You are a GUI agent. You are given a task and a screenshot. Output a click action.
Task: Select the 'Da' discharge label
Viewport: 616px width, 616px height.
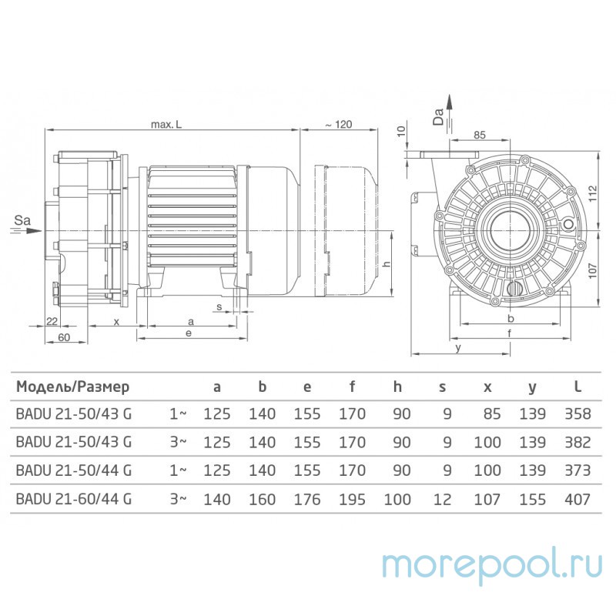(x=438, y=116)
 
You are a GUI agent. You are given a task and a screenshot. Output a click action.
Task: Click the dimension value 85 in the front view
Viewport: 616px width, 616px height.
(x=478, y=136)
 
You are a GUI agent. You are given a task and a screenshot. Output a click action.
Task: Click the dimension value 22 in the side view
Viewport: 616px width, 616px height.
(x=52, y=321)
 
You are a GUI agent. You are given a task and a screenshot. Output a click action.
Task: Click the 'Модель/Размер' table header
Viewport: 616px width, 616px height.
(x=73, y=387)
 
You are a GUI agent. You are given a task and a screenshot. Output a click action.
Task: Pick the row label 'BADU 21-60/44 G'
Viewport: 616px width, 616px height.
(x=73, y=499)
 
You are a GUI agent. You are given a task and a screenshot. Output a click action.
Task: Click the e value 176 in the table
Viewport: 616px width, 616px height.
(x=306, y=499)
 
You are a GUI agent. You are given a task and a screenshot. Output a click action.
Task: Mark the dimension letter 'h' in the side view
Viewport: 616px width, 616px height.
(x=388, y=263)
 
